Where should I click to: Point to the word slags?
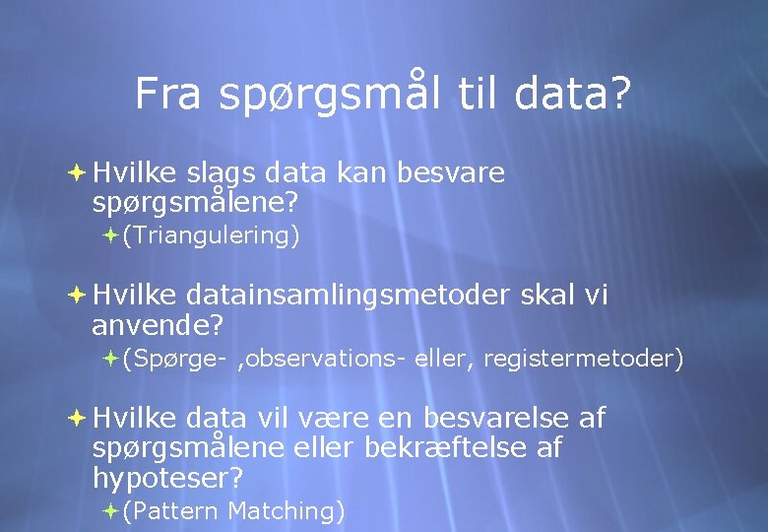click(x=224, y=174)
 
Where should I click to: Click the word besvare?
click(x=450, y=173)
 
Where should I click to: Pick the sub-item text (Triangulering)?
click(x=211, y=236)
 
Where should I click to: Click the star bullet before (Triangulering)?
click(x=110, y=235)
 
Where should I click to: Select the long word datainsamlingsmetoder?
click(x=348, y=296)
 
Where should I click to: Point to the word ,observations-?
click(x=318, y=359)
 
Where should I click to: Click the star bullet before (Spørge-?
click(x=110, y=358)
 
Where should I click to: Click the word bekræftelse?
click(x=448, y=448)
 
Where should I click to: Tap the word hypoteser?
click(x=167, y=479)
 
